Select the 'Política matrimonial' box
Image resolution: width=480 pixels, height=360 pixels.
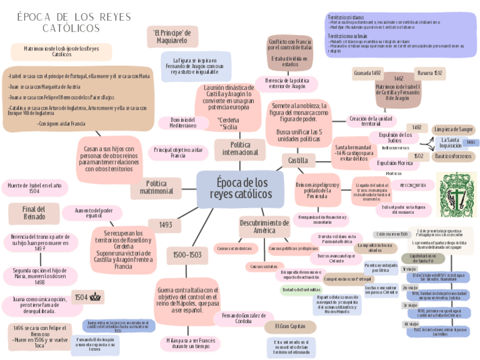(x=160, y=188)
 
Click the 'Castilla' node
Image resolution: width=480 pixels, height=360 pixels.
(x=298, y=161)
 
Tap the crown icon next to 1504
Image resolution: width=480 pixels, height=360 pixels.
(x=96, y=297)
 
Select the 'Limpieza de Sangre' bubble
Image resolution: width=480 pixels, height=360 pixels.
(x=454, y=129)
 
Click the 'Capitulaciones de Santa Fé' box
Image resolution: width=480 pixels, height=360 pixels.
(x=423, y=259)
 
